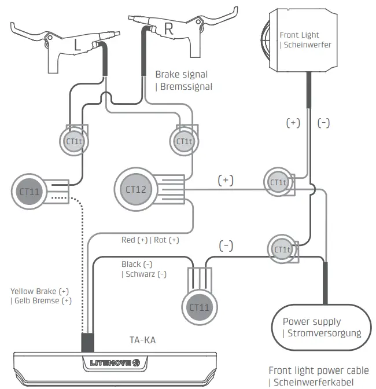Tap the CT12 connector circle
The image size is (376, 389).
point(136,189)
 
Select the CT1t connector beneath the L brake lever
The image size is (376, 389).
point(73,141)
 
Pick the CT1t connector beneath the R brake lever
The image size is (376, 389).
point(184,141)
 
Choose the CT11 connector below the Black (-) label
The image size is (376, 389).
point(200,307)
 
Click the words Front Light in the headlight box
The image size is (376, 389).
point(299,35)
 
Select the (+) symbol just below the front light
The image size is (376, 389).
point(293,123)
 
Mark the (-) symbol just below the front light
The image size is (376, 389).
point(323,123)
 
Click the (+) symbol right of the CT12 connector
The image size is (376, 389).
point(226,180)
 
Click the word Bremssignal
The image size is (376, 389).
point(184,86)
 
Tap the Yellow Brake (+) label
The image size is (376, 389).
point(39,291)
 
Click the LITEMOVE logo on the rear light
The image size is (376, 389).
point(115,363)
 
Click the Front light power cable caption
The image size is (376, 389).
point(318,370)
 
